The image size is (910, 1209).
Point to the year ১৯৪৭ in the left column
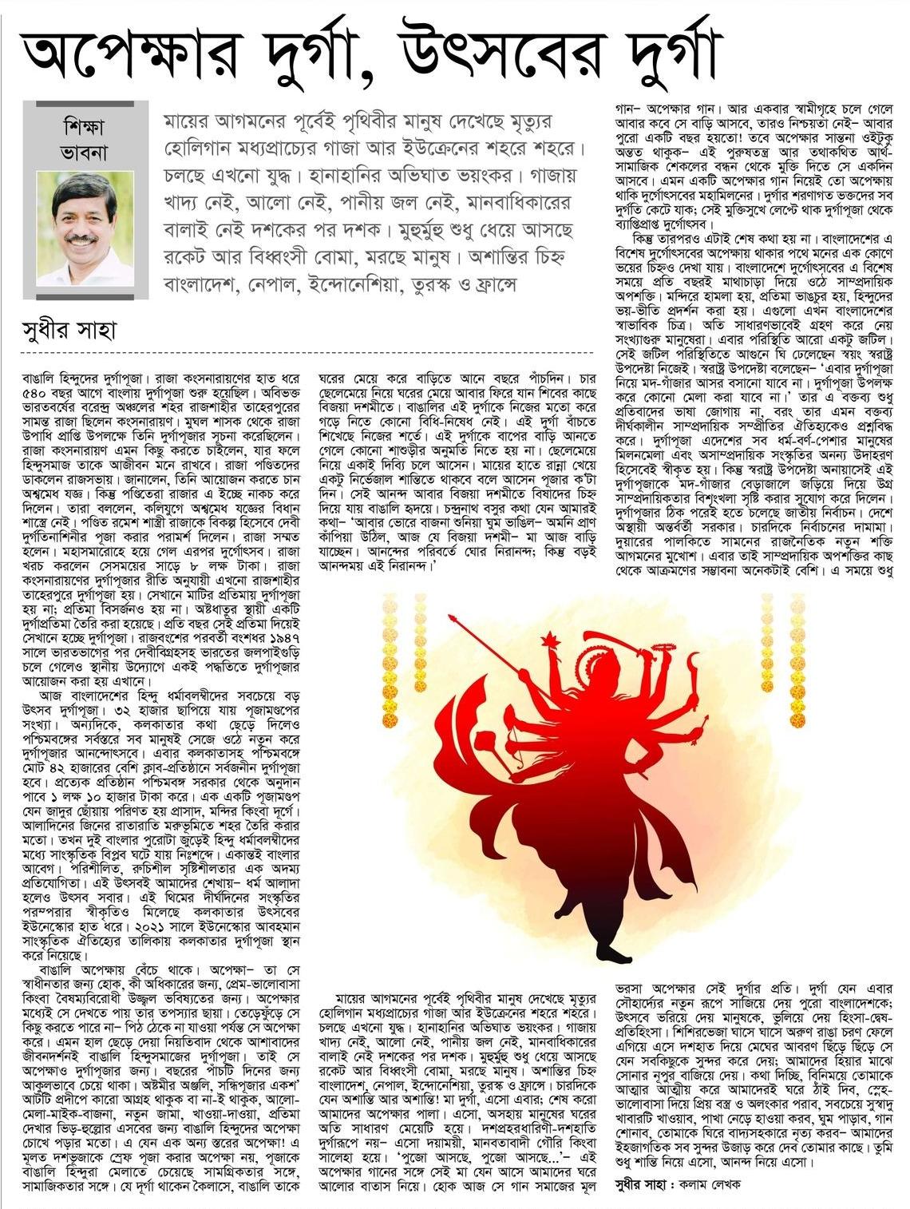point(276,656)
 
